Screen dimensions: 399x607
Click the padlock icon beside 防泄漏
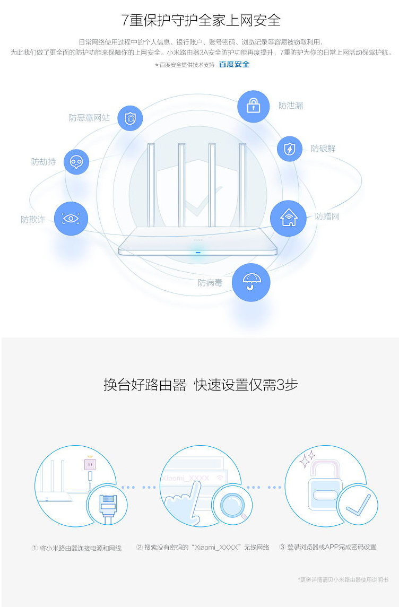[x=254, y=106]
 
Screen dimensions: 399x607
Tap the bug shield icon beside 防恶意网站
[x=130, y=118]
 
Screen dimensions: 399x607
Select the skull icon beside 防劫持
[x=76, y=162]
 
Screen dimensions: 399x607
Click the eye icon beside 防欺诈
[x=71, y=218]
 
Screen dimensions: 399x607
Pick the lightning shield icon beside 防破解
[x=290, y=149]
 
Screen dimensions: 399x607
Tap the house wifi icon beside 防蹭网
[x=288, y=218]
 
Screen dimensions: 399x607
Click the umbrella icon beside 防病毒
[x=251, y=283]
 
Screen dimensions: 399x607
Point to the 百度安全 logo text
[x=234, y=64]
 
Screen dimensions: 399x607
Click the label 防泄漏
[x=291, y=105]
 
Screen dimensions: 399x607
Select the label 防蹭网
[x=327, y=216]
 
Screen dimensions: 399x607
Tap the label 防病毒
[x=210, y=283]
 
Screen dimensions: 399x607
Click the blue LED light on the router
[x=198, y=253]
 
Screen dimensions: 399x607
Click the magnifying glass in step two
[x=233, y=505]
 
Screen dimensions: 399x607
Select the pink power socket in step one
[x=90, y=463]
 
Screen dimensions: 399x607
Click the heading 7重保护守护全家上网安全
[x=201, y=20]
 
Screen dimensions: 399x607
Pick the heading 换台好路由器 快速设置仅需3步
[x=201, y=385]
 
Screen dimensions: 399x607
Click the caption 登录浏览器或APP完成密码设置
[x=331, y=547]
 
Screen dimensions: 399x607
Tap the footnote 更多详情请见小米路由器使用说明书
[x=343, y=579]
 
